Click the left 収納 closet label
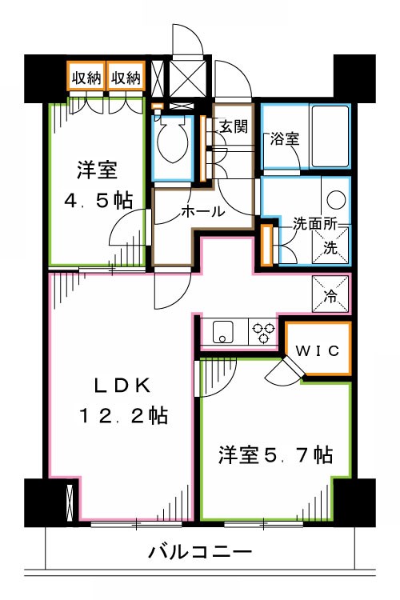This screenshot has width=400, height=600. point(86,78)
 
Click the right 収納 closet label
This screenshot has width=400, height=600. point(126,78)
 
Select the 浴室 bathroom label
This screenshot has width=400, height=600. point(284,137)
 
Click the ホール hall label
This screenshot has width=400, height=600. point(202,212)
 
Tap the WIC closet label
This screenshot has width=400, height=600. point(318,350)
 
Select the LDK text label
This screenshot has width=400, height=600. point(122,386)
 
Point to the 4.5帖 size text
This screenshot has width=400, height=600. point(98,200)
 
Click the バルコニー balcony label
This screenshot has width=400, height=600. point(200,552)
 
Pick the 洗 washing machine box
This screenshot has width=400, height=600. point(330,243)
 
